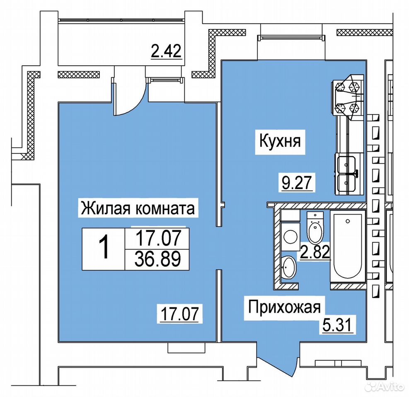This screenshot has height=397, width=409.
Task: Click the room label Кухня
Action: [280, 141]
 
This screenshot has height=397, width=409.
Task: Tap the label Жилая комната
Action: [138, 208]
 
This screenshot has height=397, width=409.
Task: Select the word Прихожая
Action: [284, 307]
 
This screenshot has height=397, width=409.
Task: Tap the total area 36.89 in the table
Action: [157, 259]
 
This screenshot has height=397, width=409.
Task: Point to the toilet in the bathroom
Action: [315, 227]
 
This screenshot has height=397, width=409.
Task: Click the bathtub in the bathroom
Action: [348, 246]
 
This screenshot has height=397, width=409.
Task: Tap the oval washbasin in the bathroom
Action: [288, 267]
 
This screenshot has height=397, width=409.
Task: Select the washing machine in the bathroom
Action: [290, 236]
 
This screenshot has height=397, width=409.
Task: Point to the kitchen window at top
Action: [291, 38]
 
